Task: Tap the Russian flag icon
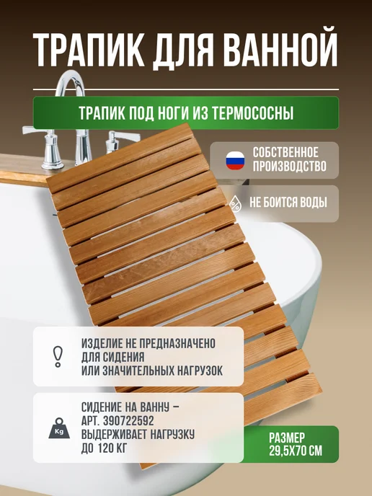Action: [x=235, y=160]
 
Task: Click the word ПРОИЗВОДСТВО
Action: [x=289, y=167]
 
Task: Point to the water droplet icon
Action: [x=235, y=203]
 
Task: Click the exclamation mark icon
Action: [x=58, y=356]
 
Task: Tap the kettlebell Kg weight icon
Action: [x=59, y=428]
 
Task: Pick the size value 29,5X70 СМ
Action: [x=296, y=451]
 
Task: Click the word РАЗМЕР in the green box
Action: [x=287, y=438]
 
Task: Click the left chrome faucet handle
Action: [x=44, y=146]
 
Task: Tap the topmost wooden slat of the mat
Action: [x=120, y=158]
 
